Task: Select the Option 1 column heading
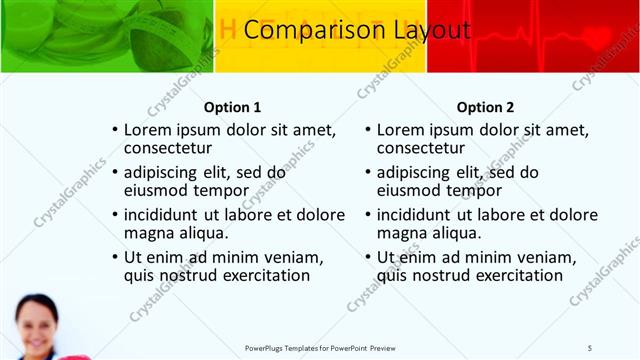[232, 107]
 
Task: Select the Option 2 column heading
[485, 107]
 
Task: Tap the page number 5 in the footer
[590, 347]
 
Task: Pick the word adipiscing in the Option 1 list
[169, 172]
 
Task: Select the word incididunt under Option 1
[170, 214]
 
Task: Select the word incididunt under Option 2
[423, 214]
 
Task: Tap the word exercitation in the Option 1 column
[257, 275]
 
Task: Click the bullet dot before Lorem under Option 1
[115, 130]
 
